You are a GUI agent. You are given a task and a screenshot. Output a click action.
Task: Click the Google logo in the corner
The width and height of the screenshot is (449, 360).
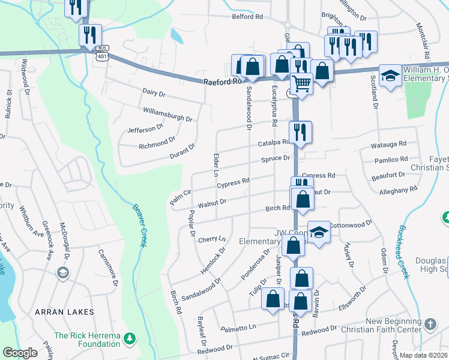20,353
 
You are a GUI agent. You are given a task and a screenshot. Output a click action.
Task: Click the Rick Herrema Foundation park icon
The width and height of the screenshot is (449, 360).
128,340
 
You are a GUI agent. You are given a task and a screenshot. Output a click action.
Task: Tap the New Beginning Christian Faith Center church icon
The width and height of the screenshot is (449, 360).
430,325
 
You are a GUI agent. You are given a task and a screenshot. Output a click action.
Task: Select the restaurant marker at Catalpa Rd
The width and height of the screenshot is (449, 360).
300,133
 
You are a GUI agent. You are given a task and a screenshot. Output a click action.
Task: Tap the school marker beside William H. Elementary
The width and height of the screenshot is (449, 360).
390,76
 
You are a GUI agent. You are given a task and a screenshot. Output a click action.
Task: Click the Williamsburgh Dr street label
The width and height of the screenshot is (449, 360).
167,114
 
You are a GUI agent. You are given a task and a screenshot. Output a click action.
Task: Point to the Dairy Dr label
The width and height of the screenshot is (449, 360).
154,93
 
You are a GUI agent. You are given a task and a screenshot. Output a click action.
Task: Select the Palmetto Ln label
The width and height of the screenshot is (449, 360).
238,328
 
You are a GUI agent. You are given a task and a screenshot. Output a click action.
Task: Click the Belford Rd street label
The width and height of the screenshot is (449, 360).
247,17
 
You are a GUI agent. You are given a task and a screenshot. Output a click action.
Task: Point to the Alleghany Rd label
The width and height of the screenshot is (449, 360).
398,190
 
